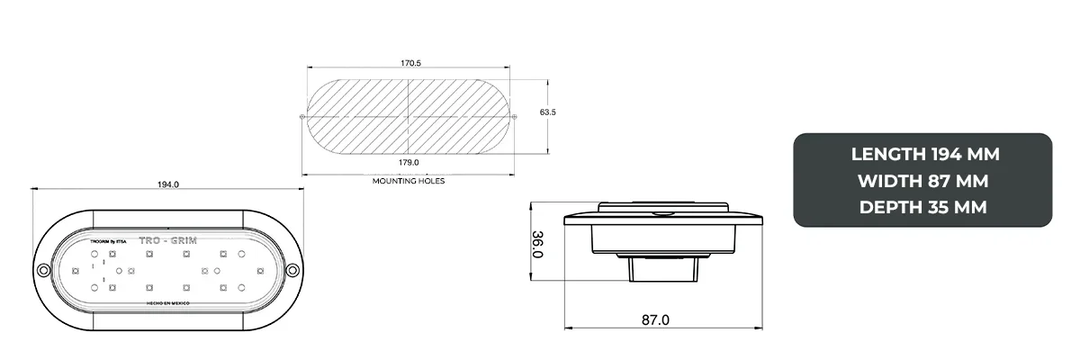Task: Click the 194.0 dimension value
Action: [168, 184]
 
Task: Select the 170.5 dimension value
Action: [410, 64]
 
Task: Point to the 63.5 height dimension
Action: [547, 112]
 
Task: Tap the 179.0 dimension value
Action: [409, 163]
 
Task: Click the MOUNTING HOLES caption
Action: [409, 181]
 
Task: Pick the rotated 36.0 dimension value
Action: [538, 244]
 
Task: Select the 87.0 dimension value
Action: [655, 319]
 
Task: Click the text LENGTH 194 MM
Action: [925, 154]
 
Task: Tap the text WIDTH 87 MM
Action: [925, 181]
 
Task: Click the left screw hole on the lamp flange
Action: [42, 271]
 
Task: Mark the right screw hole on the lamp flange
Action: [292, 271]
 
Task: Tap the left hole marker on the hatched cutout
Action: [301, 116]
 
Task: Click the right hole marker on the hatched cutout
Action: [517, 116]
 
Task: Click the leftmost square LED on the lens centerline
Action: [76, 270]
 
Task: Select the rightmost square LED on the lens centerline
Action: [257, 270]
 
